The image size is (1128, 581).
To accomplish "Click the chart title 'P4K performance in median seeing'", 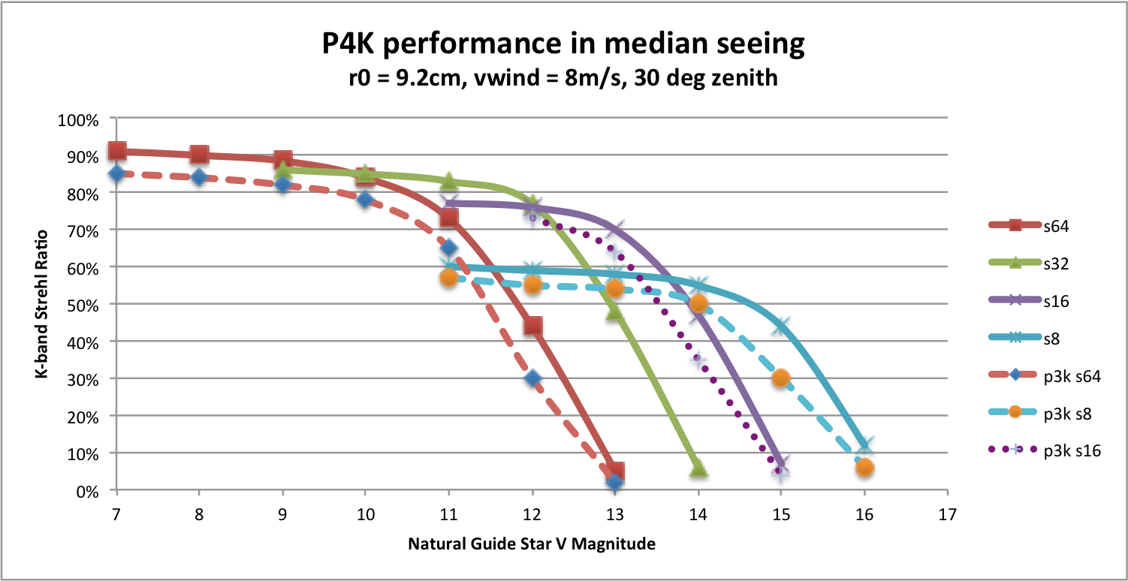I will [564, 44].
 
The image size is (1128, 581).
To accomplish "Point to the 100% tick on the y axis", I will [82, 119].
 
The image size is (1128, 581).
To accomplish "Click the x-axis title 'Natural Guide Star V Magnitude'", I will [532, 544].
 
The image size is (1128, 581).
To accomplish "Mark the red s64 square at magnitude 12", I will [532, 326].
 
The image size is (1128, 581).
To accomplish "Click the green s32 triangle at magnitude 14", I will [698, 468].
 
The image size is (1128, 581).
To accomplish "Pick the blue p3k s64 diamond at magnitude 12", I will [532, 378].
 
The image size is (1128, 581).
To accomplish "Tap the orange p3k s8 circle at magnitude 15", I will [781, 378].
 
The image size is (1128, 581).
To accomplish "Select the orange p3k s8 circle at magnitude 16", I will [864, 468].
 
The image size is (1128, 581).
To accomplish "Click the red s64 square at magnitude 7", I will [116, 151].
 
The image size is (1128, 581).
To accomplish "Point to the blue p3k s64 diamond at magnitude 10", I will [366, 200].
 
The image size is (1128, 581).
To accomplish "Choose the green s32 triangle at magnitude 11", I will [449, 181].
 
